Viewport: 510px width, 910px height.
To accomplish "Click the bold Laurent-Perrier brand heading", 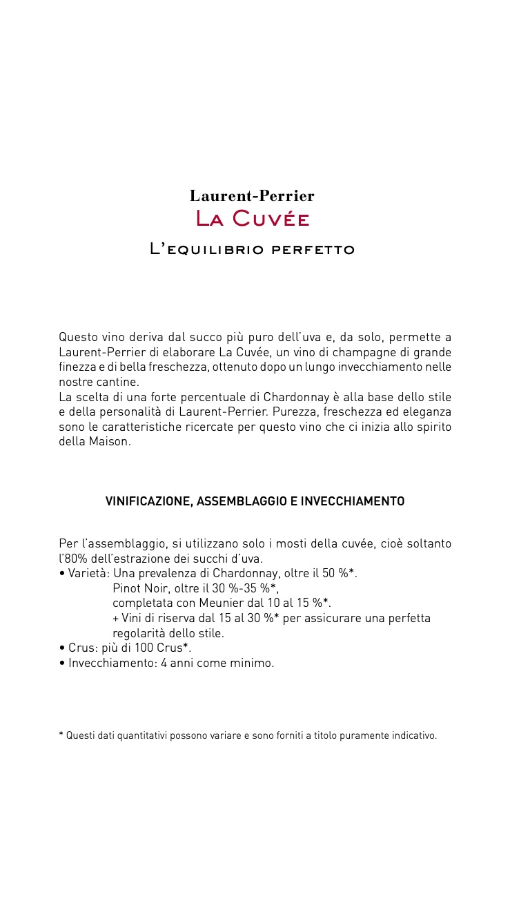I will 252,196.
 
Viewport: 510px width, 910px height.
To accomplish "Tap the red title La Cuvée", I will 253,219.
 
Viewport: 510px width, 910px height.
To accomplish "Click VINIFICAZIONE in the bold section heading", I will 148,501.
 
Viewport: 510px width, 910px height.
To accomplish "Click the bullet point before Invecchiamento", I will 62,664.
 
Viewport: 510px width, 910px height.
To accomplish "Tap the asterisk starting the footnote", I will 61,735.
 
